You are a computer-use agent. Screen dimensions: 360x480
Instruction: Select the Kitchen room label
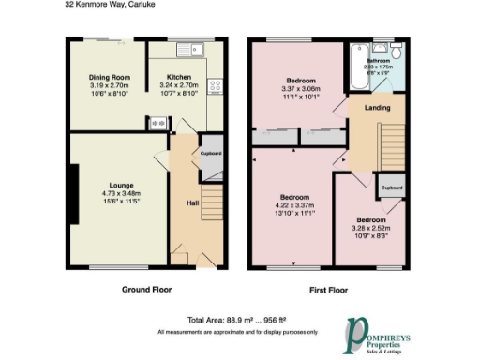(180, 77)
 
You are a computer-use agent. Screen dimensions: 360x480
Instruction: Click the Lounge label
(121, 186)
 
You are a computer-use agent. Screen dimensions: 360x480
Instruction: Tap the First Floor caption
(324, 290)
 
